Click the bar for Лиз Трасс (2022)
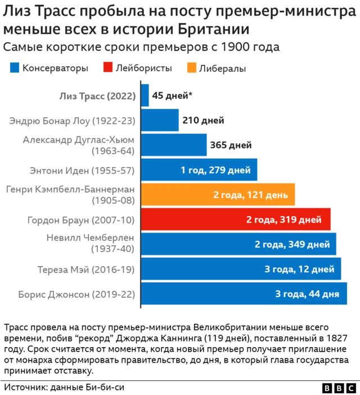145,96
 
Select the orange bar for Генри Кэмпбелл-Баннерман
217,195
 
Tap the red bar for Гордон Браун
235,219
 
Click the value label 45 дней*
172,96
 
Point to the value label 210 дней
203,120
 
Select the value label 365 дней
231,145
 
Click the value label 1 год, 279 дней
215,170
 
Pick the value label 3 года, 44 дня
307,294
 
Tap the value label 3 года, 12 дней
299,269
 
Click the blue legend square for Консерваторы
15,68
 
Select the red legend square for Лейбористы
106,68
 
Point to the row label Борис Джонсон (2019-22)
76,294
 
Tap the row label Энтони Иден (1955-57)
82,170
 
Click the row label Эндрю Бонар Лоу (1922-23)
73,120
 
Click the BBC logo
339,388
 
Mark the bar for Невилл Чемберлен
238,244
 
